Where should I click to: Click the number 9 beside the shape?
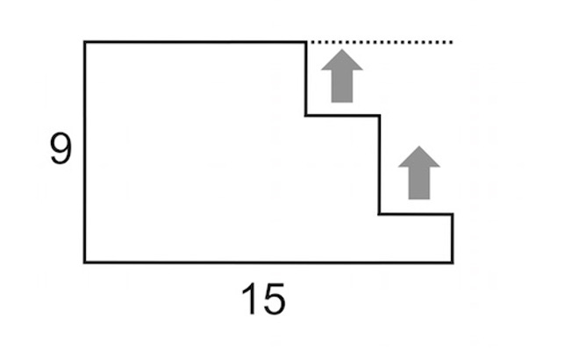click(x=60, y=150)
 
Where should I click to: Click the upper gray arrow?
click(x=341, y=76)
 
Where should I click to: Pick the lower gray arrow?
click(x=418, y=172)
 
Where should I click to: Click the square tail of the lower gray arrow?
click(x=418, y=184)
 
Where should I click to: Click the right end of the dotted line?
click(x=451, y=41)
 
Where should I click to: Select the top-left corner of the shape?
click(x=85, y=41)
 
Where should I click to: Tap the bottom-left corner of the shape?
click(x=85, y=262)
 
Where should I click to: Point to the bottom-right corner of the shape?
click(x=453, y=262)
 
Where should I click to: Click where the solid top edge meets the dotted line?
click(x=306, y=41)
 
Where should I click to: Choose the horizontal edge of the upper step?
click(x=342, y=115)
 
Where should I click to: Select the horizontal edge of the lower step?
click(x=416, y=213)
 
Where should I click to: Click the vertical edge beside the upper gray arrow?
click(x=306, y=78)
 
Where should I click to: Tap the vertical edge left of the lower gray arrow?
click(x=379, y=164)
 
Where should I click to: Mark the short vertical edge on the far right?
click(x=453, y=237)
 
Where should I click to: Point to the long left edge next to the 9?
click(x=85, y=151)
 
